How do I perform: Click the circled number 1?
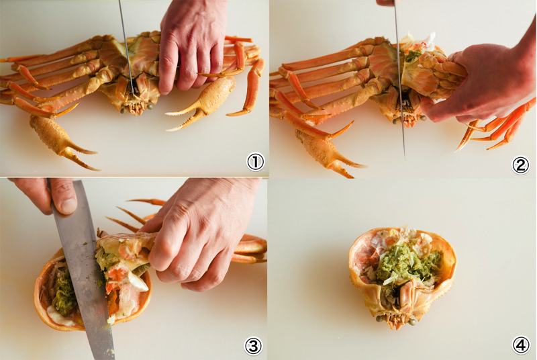[x=256, y=162]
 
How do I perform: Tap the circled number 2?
[x=521, y=165]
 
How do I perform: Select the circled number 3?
[x=253, y=346]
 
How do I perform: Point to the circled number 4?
[x=521, y=345]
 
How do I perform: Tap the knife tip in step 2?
[x=405, y=159]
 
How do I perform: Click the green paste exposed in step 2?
[x=413, y=55]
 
